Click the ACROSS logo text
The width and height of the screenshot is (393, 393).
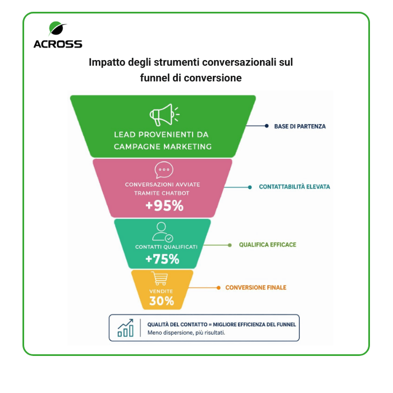[x=58, y=44]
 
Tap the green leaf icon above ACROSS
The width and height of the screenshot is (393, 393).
[x=57, y=28]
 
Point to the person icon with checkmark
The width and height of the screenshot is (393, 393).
[x=162, y=231]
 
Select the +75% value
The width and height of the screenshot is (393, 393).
[x=162, y=259]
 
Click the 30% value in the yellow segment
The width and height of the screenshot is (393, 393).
[x=161, y=301]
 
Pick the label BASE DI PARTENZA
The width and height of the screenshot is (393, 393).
[x=300, y=126]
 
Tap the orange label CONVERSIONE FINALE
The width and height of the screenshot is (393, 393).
[x=255, y=287]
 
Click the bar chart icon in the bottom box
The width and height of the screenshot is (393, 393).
[x=126, y=328]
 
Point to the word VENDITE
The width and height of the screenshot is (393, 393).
[x=161, y=291]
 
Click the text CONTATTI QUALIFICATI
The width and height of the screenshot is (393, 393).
[x=162, y=247]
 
